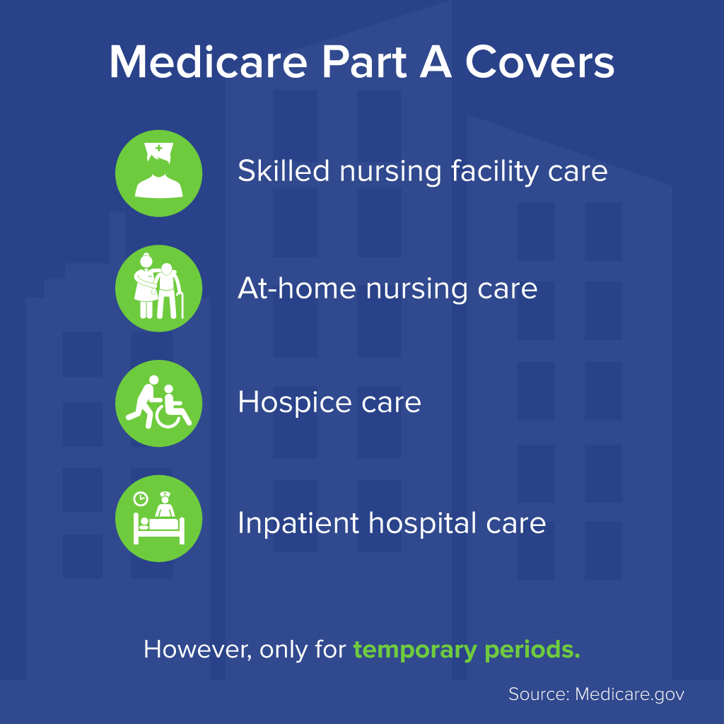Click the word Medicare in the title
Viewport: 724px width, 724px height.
coord(209,62)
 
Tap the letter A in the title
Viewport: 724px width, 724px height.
coord(435,62)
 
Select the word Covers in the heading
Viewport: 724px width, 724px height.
coord(539,62)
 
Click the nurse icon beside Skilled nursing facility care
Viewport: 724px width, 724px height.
coord(159,173)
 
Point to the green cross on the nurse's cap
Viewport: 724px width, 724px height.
coord(159,148)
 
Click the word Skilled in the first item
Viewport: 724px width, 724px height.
coord(284,170)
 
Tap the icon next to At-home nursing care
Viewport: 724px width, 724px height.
coord(159,288)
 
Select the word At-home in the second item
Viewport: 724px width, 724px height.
coord(297,288)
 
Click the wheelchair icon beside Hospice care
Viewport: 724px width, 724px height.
coord(159,403)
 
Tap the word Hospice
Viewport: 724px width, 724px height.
coord(296,402)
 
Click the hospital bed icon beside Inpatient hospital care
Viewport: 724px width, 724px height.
coord(159,518)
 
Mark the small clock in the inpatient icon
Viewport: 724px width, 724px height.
coord(141,498)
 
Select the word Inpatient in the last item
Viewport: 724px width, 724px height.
coord(298,524)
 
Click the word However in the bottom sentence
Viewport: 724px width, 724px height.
coord(198,650)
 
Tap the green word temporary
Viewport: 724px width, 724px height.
coord(415,650)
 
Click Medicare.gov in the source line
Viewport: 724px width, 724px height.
coord(629,694)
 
